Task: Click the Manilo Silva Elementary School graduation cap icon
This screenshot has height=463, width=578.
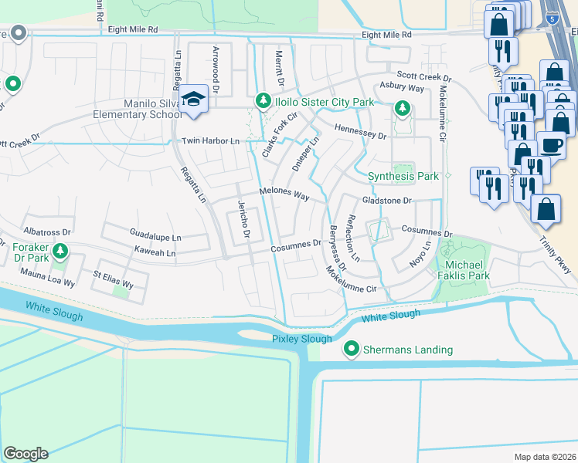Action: pos(192,100)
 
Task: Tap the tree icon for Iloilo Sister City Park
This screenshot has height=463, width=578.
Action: pos(263,101)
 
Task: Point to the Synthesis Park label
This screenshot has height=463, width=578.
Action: pos(403,176)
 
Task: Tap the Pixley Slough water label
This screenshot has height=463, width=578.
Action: pos(301,339)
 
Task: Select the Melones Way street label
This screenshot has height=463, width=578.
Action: pos(284,194)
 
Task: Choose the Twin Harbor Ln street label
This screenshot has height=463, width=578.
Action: pos(211,141)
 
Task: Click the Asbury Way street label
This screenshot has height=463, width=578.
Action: pos(401,88)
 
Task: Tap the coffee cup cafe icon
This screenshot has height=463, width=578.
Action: pos(551,144)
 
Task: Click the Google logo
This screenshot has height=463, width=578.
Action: pos(25,454)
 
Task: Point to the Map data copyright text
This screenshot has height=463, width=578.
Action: pos(545,457)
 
